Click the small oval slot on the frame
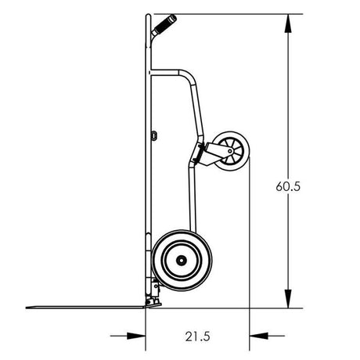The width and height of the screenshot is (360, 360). click(154, 135)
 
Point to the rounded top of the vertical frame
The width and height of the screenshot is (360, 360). click(148, 17)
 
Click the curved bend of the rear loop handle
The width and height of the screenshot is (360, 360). click(188, 78)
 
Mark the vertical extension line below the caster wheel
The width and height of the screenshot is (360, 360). click(249, 250)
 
